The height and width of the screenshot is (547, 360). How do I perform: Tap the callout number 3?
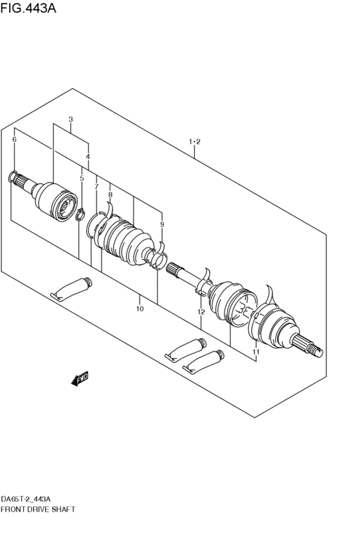[71, 120]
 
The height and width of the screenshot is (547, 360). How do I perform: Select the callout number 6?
[14, 139]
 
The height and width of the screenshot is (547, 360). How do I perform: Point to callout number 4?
[88, 157]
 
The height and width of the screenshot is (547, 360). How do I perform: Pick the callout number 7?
[96, 186]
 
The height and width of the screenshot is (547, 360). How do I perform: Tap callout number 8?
[110, 194]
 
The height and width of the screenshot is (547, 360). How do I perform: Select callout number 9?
[162, 224]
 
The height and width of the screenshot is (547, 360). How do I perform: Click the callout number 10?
[139, 309]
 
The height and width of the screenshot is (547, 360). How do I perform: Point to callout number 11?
[256, 352]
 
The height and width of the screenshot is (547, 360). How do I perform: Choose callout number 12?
[201, 312]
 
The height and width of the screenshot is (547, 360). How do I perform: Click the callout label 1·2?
[195, 141]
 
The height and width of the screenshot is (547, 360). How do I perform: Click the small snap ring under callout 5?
[80, 213]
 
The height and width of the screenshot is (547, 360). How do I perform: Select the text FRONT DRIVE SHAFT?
[38, 509]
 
